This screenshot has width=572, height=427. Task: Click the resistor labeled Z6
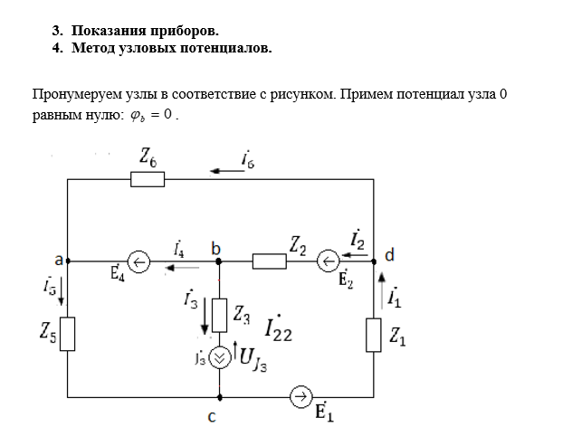148,180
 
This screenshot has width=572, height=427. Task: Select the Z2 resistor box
269,262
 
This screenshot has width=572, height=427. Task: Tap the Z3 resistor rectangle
219,313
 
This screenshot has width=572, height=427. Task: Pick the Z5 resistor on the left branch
68,333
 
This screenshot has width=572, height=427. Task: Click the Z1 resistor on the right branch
373,335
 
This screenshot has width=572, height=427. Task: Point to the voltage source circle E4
138,262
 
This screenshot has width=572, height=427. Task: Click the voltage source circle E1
300,396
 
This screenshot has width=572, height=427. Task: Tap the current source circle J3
219,357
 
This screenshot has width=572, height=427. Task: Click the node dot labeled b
219,262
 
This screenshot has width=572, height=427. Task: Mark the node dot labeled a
69,262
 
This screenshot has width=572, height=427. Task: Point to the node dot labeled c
219,396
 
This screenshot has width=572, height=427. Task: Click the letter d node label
389,255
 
